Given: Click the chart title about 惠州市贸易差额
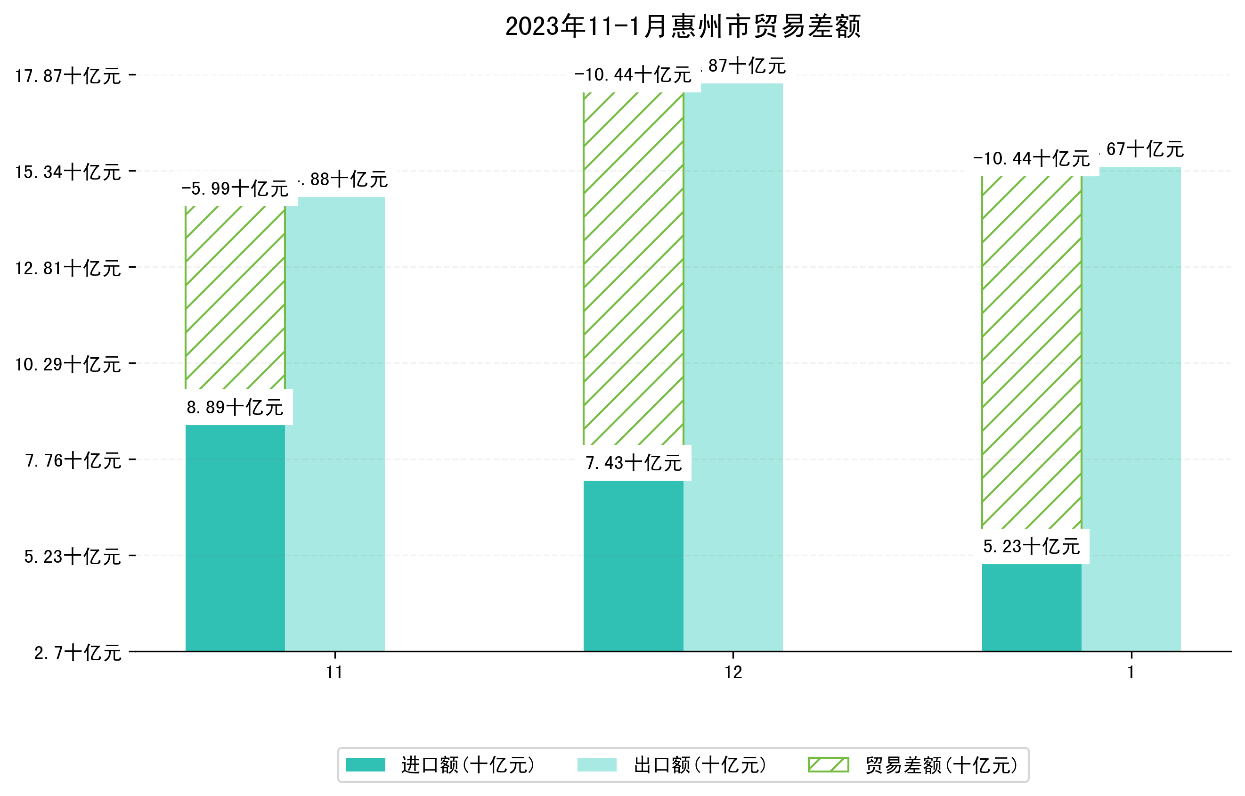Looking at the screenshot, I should pyautogui.click(x=683, y=27).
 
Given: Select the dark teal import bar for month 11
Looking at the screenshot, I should pyautogui.click(x=235, y=538).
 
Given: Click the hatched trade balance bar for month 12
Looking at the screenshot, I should pyautogui.click(x=634, y=269).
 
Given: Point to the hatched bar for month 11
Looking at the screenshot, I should pyautogui.click(x=235, y=297).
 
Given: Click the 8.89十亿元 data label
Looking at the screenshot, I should pyautogui.click(x=235, y=408).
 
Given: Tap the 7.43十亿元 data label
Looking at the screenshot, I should pyautogui.click(x=634, y=463).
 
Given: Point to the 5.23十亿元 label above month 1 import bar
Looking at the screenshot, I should pyautogui.click(x=1032, y=546).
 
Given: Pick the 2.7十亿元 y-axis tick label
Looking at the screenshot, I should pyautogui.click(x=78, y=653).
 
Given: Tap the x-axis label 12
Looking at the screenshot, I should pyautogui.click(x=733, y=673).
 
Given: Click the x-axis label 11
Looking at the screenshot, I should pyautogui.click(x=334, y=673).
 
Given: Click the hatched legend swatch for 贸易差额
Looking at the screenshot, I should pyautogui.click(x=828, y=764).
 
